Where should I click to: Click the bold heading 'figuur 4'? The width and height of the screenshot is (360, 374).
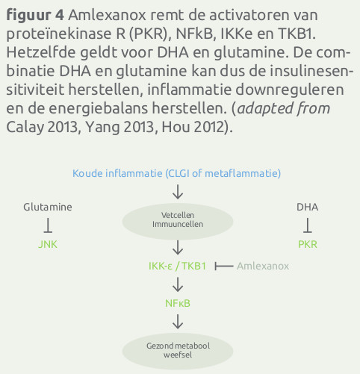pyautogui.click(x=35, y=16)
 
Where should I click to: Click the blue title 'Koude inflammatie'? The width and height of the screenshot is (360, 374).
pyautogui.click(x=117, y=173)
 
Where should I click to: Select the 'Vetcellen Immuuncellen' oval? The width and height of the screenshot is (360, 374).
pyautogui.click(x=178, y=221)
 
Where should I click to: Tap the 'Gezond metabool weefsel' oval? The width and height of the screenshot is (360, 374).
pyautogui.click(x=178, y=351)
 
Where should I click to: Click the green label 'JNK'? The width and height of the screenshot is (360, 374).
pyautogui.click(x=48, y=244)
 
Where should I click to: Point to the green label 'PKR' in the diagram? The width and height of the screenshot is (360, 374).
pyautogui.click(x=308, y=244)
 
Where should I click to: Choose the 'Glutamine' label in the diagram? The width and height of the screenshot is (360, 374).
pyautogui.click(x=48, y=207)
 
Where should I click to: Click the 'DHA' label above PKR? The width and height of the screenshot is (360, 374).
pyautogui.click(x=307, y=207)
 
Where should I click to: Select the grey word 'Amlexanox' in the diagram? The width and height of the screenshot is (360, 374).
pyautogui.click(x=263, y=267)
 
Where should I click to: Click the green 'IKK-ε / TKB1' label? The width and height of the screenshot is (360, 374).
pyautogui.click(x=177, y=267)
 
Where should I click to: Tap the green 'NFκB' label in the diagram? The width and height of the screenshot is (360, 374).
pyautogui.click(x=178, y=303)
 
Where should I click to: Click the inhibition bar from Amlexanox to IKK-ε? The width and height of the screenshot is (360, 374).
pyautogui.click(x=224, y=267)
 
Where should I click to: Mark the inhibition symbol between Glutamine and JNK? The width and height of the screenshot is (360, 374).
pyautogui.click(x=48, y=225)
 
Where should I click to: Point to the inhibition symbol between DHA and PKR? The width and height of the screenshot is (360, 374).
pyautogui.click(x=308, y=225)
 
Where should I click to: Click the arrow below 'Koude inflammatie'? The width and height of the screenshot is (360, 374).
pyautogui.click(x=178, y=192)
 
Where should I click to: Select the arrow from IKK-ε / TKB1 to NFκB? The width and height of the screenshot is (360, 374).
pyautogui.click(x=178, y=284)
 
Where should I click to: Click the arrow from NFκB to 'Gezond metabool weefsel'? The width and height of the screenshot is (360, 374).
pyautogui.click(x=178, y=322)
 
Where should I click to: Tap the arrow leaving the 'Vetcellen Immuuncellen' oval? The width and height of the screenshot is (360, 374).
pyautogui.click(x=178, y=248)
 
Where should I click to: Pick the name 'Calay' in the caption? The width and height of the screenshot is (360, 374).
pyautogui.click(x=25, y=128)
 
